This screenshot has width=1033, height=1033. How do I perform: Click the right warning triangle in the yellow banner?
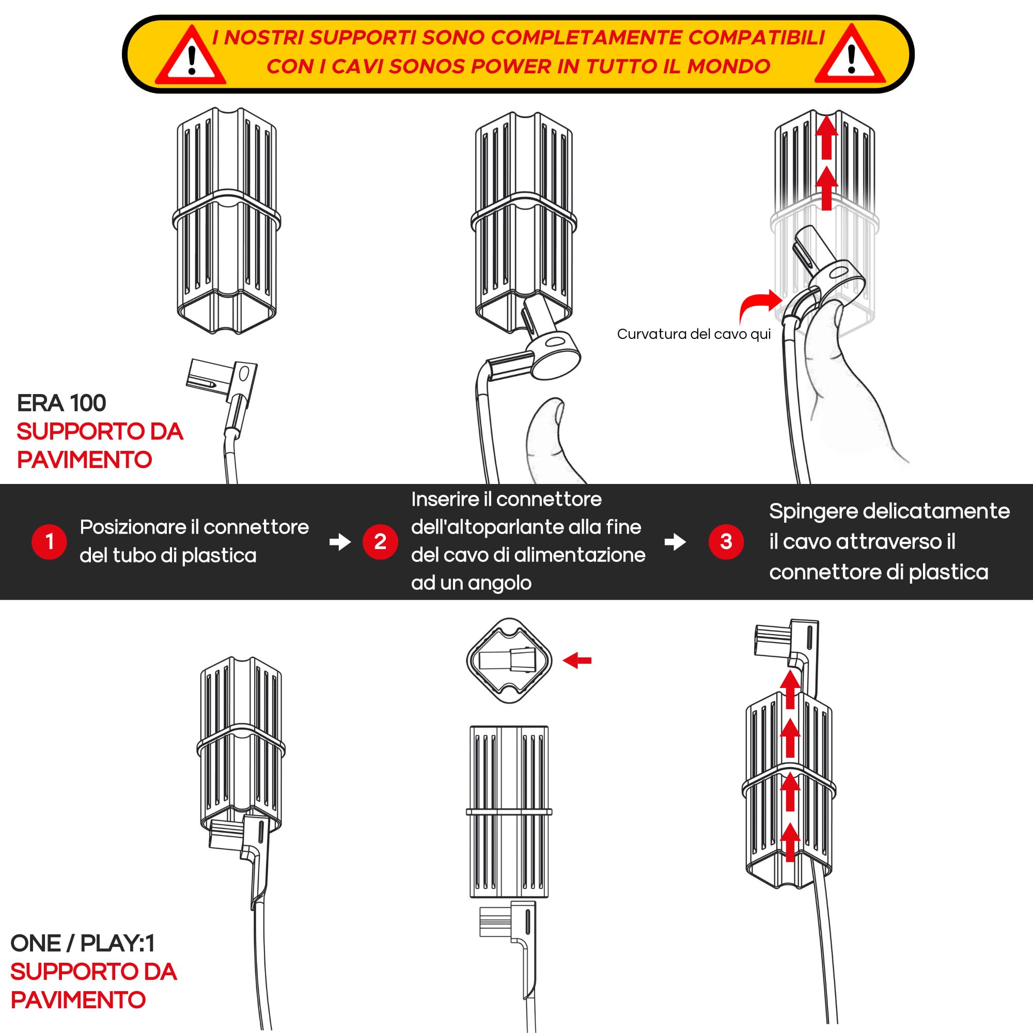(x=851, y=56)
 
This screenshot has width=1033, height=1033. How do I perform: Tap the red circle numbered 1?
(x=49, y=542)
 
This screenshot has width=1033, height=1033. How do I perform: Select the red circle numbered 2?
(x=380, y=542)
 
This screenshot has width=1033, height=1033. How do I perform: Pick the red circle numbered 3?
(x=726, y=542)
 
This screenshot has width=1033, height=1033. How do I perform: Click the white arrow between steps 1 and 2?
(x=340, y=542)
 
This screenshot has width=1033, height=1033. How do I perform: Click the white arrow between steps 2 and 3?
(x=675, y=542)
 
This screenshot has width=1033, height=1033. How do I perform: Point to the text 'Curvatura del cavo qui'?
(x=694, y=334)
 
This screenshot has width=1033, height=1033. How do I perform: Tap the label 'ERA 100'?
(x=61, y=403)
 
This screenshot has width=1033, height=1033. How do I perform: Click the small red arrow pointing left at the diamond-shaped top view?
(x=577, y=661)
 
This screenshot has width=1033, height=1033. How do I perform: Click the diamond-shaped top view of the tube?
(x=509, y=661)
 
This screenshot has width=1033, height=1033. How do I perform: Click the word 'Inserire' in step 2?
(x=445, y=499)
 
